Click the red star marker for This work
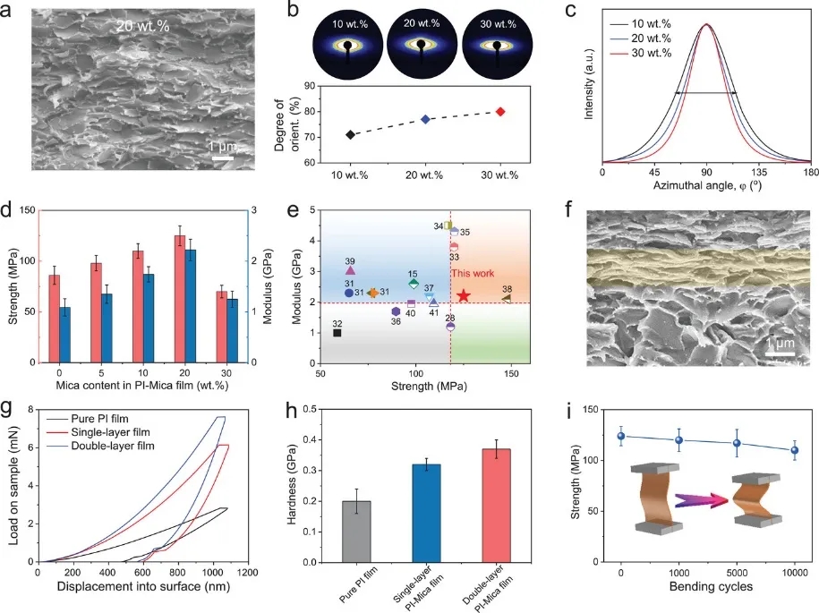pyautogui.click(x=463, y=295)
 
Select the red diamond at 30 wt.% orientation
pyautogui.click(x=501, y=112)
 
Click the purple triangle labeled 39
pyautogui.click(x=350, y=270)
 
